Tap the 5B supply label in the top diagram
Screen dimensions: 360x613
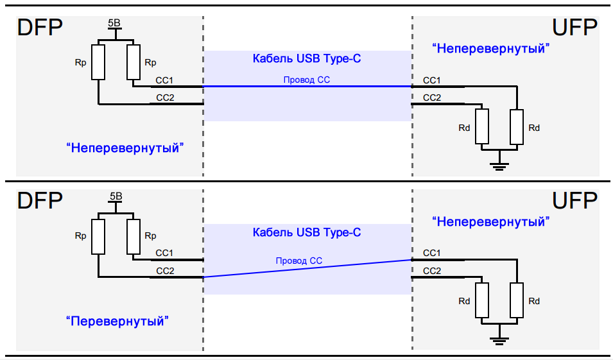tap(114, 23)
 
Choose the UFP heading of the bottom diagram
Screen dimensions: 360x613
tap(575, 201)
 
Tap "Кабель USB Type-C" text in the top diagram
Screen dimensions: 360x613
tap(307, 59)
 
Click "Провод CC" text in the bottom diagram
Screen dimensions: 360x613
tap(298, 261)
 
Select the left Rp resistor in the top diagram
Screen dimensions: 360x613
tap(98, 62)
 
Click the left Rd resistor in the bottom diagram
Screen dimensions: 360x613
tap(482, 300)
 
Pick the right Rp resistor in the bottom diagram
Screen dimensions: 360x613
tap(134, 236)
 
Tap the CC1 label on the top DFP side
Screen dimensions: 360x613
tap(165, 81)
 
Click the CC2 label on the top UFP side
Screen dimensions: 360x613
tap(432, 98)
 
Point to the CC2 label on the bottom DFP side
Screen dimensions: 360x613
tap(166, 271)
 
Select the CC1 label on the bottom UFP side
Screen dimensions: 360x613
tap(432, 254)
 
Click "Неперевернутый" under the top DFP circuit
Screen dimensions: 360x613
tap(125, 148)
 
